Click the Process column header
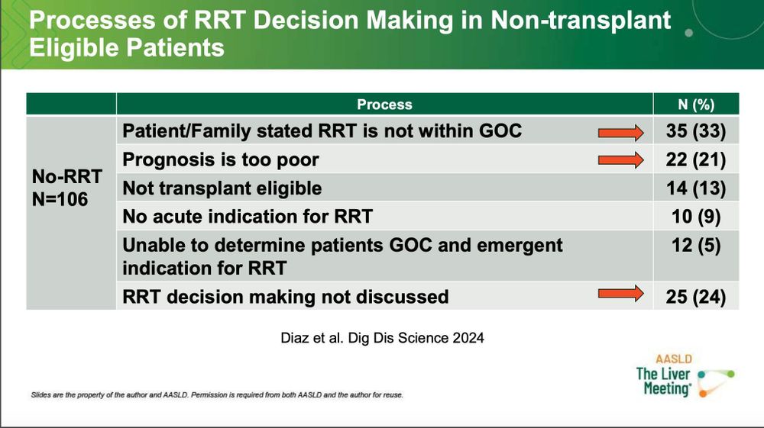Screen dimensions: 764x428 [384, 105]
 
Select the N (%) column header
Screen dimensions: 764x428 [696, 105]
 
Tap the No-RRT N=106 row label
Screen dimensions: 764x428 [66, 188]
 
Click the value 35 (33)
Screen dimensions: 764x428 [696, 131]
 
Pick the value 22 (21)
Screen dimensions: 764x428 [696, 159]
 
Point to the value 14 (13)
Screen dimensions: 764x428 [696, 188]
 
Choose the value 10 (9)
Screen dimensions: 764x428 [696, 217]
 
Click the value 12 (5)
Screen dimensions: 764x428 [696, 245]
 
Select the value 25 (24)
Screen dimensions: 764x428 [696, 297]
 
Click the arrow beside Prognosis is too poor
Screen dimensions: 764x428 [620, 160]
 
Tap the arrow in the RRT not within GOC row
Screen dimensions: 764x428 [620, 132]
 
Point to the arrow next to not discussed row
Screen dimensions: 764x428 [620, 293]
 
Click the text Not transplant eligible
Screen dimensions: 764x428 [222, 188]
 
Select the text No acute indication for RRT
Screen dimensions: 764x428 [248, 217]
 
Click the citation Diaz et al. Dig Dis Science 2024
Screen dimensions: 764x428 [383, 338]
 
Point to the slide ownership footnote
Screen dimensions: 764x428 [217, 395]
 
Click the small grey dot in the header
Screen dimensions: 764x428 [689, 33]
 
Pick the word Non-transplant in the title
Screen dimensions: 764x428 [581, 21]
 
